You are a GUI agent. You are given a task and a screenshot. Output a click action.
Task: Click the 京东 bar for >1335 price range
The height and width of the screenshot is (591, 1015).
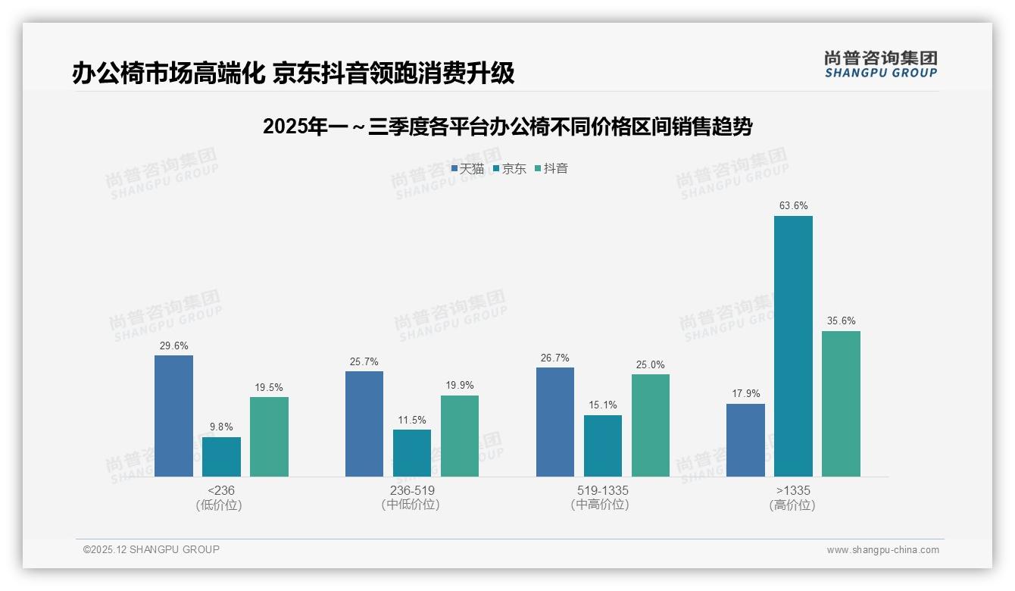click(793, 346)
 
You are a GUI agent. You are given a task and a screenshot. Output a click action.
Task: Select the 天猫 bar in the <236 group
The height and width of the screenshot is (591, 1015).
click(173, 416)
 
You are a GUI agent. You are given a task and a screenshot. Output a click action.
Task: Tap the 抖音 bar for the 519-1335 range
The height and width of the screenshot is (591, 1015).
click(650, 425)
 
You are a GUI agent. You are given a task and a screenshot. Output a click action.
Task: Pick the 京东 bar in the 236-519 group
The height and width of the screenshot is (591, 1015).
click(411, 453)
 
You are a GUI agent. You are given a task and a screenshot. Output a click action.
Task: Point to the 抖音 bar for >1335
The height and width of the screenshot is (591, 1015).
click(841, 404)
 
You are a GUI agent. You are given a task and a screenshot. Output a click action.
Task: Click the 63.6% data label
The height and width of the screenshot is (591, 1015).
click(793, 205)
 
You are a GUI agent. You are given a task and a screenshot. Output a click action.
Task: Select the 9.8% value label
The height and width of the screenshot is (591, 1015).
click(221, 427)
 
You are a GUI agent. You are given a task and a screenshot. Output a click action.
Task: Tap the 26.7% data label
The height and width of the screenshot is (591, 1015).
click(555, 358)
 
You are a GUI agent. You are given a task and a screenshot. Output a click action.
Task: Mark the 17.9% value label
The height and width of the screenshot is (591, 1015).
click(745, 393)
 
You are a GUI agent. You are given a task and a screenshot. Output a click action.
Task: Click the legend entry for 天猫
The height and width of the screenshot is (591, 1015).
click(467, 169)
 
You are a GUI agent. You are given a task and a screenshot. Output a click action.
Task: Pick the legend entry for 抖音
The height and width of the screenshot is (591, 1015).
click(551, 169)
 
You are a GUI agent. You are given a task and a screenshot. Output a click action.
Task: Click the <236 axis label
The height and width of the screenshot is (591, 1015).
click(220, 490)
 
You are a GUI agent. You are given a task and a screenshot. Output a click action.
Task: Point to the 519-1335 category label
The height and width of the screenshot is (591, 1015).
click(602, 490)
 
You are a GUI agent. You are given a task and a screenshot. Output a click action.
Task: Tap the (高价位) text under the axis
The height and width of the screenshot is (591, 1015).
click(793, 505)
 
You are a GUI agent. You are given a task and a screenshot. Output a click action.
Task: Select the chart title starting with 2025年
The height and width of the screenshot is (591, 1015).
click(507, 127)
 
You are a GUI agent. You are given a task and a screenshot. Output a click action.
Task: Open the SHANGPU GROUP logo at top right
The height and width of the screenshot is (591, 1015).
click(880, 64)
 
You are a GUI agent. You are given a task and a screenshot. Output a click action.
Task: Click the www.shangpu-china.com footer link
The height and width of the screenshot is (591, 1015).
click(882, 550)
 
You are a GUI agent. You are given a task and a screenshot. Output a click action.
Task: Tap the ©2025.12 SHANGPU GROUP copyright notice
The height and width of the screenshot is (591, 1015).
click(151, 549)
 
